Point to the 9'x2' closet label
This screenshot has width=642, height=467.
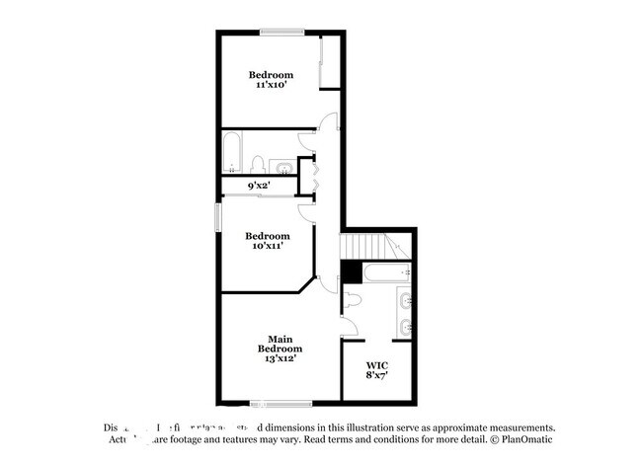[260, 185]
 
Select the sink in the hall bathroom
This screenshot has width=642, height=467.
[281, 164]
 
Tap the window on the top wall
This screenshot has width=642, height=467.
[281, 34]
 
